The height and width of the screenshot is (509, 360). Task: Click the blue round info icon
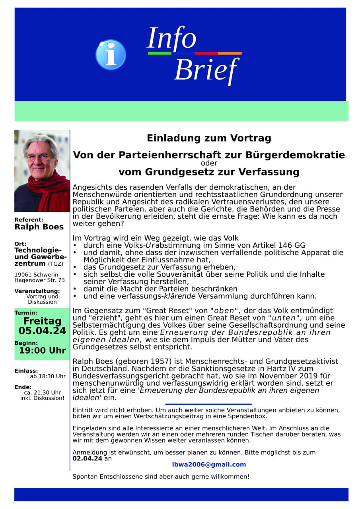coord(111,55)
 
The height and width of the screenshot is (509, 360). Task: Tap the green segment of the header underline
coord(160,53)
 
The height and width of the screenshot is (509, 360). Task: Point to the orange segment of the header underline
coord(230,53)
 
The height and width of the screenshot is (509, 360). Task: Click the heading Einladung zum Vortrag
coord(209,138)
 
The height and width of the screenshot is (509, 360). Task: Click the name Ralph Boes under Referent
coord(39,227)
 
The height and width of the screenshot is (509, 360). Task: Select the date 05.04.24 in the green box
coord(42,331)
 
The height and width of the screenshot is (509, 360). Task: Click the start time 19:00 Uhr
coord(43,351)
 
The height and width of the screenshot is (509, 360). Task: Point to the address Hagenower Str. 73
coord(39,280)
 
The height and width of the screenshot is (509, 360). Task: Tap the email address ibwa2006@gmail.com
coord(209,464)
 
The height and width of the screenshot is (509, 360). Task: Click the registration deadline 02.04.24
coord(87,458)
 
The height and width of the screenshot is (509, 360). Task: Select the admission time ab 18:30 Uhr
coord(48,376)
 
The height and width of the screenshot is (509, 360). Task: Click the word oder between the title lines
coord(208,163)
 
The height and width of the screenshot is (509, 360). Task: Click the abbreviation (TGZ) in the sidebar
coord(56,264)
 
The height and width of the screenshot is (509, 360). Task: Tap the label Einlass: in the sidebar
coord(26,371)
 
